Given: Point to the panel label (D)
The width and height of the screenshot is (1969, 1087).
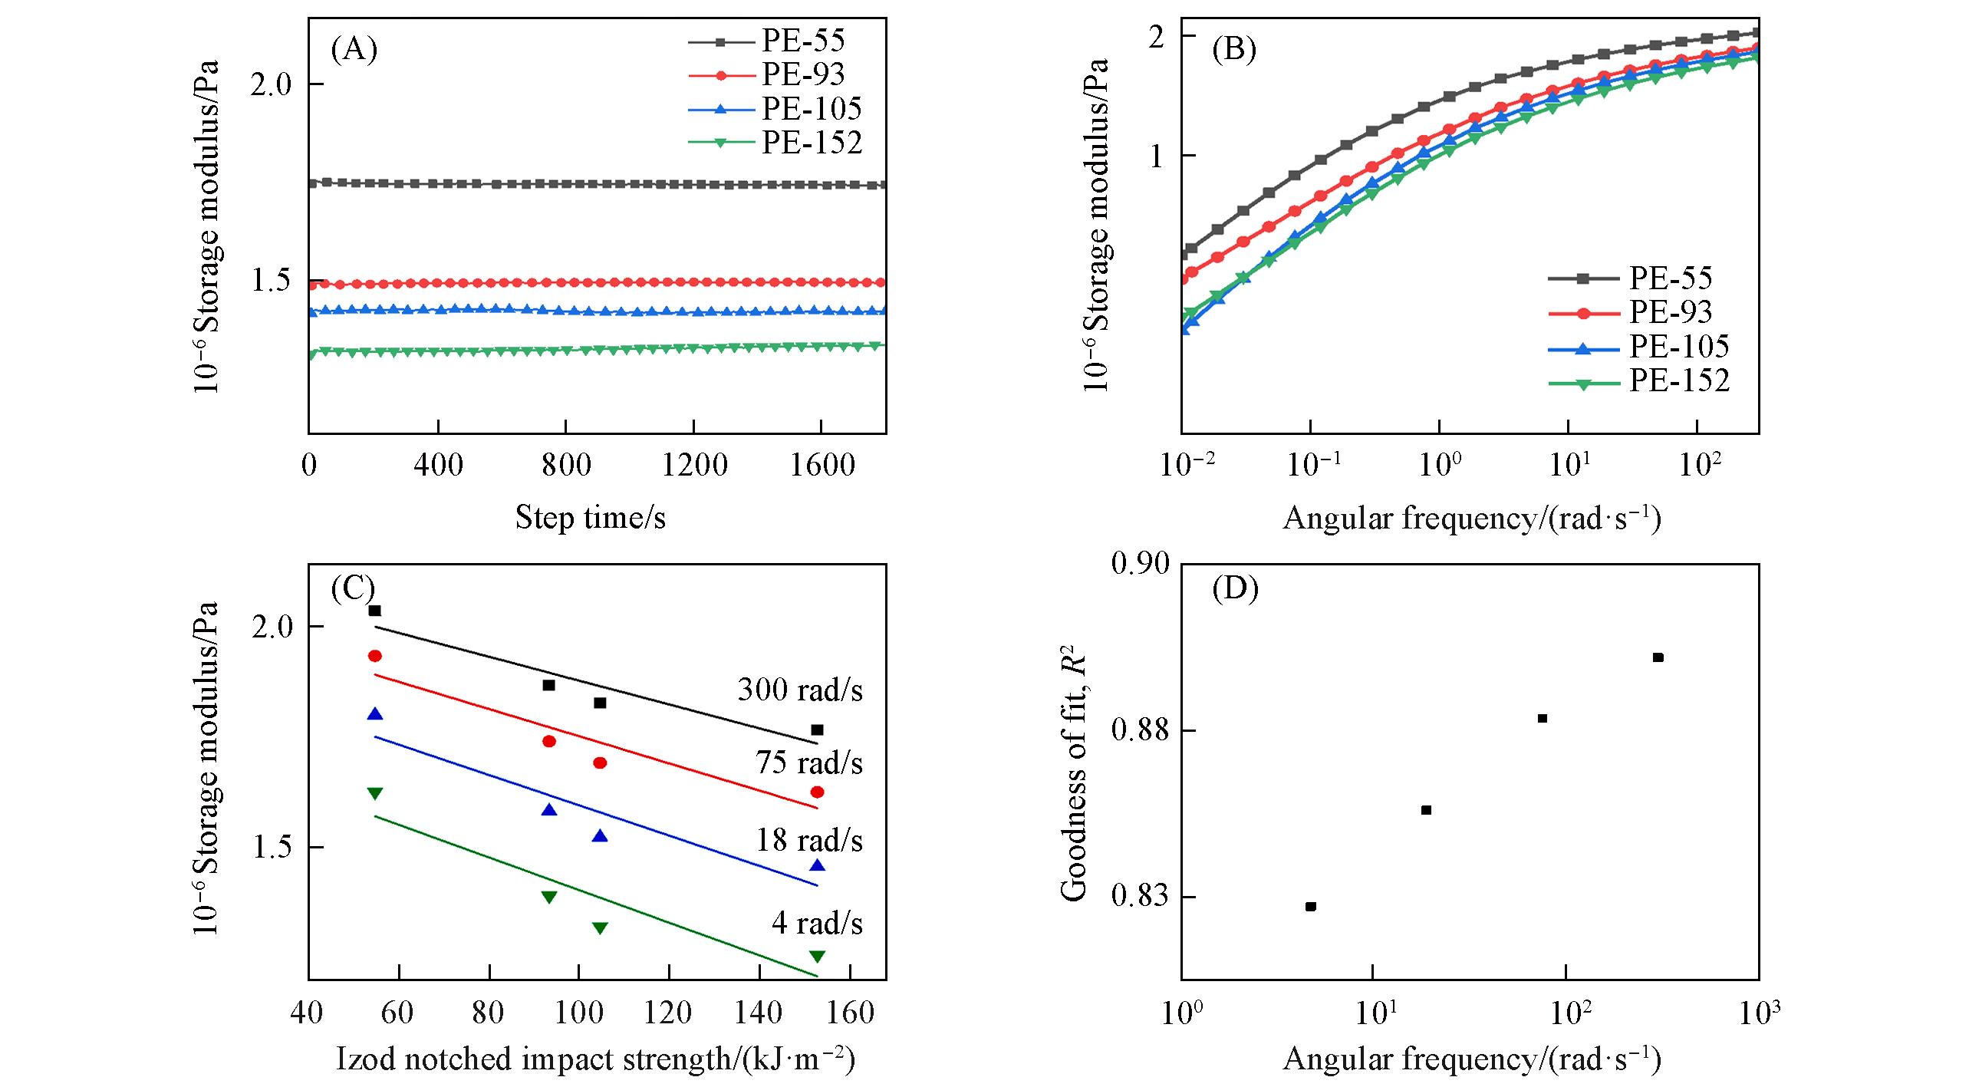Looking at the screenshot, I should [x=1235, y=589].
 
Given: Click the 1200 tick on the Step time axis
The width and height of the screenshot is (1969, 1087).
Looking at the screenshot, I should [x=694, y=465].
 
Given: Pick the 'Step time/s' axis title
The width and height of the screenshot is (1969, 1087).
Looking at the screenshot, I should [x=590, y=518].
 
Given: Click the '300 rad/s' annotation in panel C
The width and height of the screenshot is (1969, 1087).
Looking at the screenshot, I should [x=800, y=690].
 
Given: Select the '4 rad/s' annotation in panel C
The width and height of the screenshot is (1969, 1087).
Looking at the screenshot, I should [x=817, y=923].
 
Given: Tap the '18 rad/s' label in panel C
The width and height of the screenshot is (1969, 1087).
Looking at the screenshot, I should [x=809, y=841].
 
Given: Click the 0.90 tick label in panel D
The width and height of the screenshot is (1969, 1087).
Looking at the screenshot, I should [x=1141, y=564].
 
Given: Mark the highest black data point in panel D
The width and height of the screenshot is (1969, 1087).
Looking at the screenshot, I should [x=1658, y=657].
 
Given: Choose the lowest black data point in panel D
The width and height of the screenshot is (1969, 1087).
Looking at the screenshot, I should [x=1311, y=907].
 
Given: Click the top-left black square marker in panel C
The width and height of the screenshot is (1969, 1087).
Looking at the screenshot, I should [x=375, y=611].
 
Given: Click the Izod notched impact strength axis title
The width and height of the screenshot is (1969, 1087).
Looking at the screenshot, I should [x=595, y=1059].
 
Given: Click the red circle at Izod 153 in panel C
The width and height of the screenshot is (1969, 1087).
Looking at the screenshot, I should [x=817, y=792].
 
